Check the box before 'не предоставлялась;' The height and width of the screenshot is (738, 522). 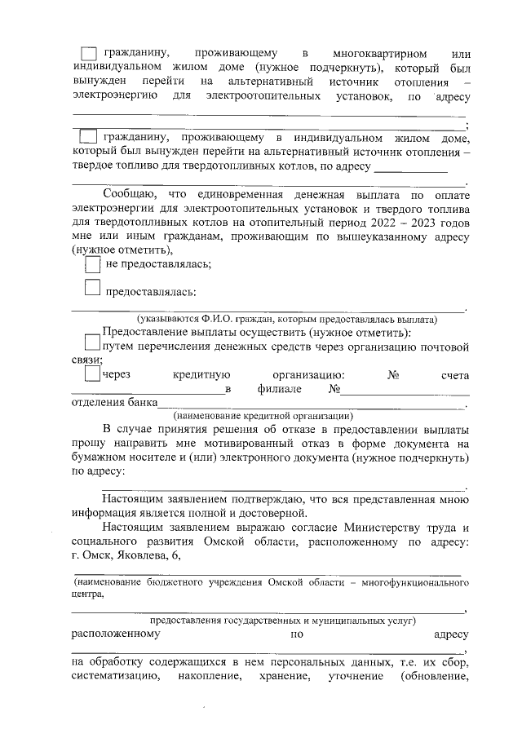(93, 263)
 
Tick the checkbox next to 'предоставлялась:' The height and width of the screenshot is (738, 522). (93, 286)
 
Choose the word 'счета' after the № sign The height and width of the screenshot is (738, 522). (454, 375)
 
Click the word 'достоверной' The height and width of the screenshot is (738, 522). (268, 513)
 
